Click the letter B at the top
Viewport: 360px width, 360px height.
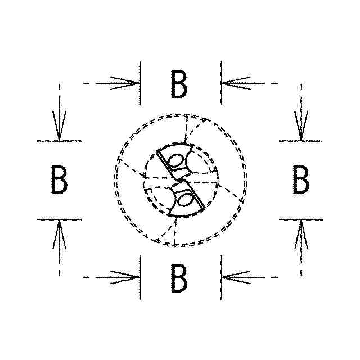(x=179, y=84)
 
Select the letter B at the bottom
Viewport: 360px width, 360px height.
(x=179, y=277)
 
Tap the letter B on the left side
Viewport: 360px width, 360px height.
(x=59, y=180)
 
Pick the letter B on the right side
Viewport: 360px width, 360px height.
(x=301, y=180)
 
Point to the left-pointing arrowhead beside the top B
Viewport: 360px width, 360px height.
(x=233, y=83)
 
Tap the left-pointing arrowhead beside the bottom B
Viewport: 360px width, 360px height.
(x=233, y=277)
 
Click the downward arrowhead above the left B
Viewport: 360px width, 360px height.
(x=59, y=128)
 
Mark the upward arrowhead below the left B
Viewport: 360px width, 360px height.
(x=59, y=232)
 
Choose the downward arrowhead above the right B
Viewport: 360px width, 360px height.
(x=301, y=128)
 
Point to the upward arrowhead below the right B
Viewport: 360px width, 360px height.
(x=301, y=232)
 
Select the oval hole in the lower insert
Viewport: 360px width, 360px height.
(x=184, y=199)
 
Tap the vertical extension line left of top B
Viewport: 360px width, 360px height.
(x=139, y=83)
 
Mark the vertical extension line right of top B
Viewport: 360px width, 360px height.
(x=221, y=83)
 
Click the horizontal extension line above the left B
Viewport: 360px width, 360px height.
(x=59, y=141)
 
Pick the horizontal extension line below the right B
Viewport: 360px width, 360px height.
(x=301, y=219)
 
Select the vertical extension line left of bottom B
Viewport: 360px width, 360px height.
(x=139, y=277)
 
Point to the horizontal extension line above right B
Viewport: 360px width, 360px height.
(x=301, y=141)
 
